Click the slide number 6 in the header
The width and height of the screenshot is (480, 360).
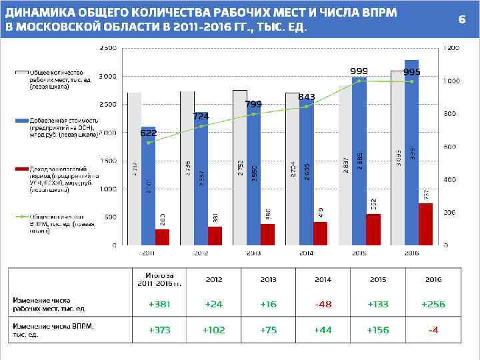[x=461, y=19]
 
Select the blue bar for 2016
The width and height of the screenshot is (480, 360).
[x=412, y=153]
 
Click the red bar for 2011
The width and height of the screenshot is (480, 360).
[x=162, y=237]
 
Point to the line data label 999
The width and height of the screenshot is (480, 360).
[x=359, y=71]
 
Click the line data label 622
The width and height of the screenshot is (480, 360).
[x=148, y=133]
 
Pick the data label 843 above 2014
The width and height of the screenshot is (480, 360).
[x=307, y=97]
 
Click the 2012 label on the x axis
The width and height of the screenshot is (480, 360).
[x=201, y=253]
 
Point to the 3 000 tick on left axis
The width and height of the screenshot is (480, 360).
[x=107, y=77]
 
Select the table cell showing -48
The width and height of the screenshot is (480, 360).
[x=323, y=304]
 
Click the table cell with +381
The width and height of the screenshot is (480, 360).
[x=160, y=304]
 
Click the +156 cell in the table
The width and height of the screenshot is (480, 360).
[x=378, y=329]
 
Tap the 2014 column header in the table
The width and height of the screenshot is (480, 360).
[x=323, y=279]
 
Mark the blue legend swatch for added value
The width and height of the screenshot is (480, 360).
[x=22, y=121]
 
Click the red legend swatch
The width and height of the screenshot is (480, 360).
[x=22, y=169]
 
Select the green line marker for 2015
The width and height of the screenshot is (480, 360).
[x=359, y=81]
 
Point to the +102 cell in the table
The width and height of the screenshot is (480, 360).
[x=214, y=329]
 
